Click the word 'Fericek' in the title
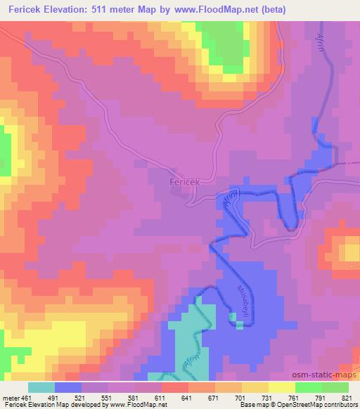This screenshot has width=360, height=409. click(25, 11)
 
